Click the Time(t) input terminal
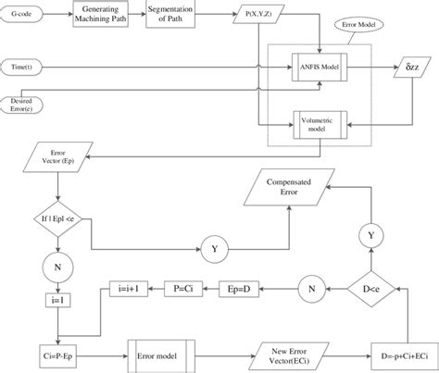tap(26, 67)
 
